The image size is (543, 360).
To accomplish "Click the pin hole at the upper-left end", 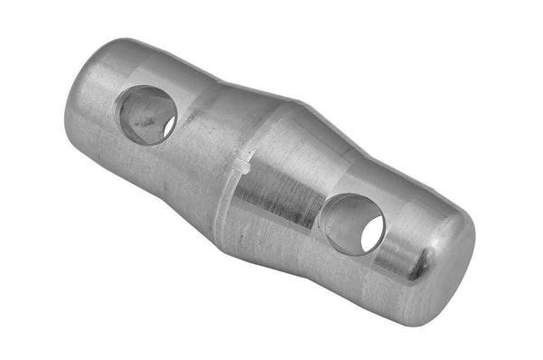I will pyautogui.click(x=148, y=114).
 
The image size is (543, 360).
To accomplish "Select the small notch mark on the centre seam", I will pyautogui.click(x=244, y=164).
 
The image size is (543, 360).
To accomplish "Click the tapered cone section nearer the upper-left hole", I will pyautogui.click(x=213, y=136).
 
